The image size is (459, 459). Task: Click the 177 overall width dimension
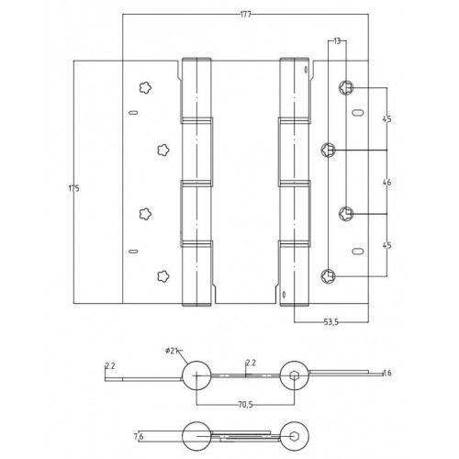pyautogui.click(x=245, y=15)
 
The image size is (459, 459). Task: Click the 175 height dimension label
pyautogui.click(x=73, y=188)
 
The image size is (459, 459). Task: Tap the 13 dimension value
pyautogui.click(x=337, y=40)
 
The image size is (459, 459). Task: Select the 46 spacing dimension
pyautogui.click(x=386, y=182)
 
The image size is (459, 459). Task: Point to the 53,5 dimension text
pyautogui.click(x=331, y=322)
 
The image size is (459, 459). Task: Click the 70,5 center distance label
pyautogui.click(x=245, y=405)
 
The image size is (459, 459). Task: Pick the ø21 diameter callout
pyautogui.click(x=172, y=351)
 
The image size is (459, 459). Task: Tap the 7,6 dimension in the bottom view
pyautogui.click(x=139, y=437)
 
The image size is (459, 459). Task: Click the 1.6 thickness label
pyautogui.click(x=387, y=373)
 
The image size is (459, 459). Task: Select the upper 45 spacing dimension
pyautogui.click(x=386, y=118)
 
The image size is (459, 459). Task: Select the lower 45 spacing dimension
pyautogui.click(x=386, y=245)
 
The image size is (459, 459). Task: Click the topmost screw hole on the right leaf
pyautogui.click(x=346, y=87)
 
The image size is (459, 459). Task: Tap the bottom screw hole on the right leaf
pyautogui.click(x=328, y=276)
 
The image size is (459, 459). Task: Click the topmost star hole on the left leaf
pyautogui.click(x=145, y=88)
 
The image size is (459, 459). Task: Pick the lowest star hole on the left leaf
pyautogui.click(x=163, y=276)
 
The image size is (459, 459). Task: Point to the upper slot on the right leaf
pyautogui.click(x=357, y=113)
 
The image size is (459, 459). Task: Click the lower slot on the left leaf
pyautogui.click(x=133, y=252)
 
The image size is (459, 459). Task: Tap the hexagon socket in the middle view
pyautogui.click(x=294, y=375)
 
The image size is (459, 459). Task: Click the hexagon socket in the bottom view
pyautogui.click(x=294, y=436)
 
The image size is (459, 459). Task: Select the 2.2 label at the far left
pyautogui.click(x=110, y=365)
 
